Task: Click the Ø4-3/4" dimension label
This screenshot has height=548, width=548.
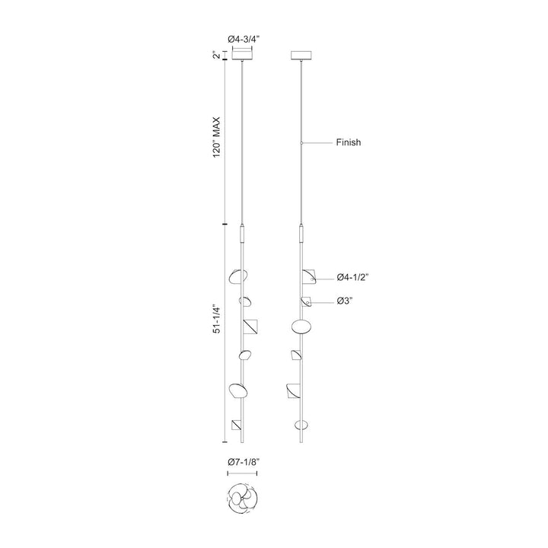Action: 244,40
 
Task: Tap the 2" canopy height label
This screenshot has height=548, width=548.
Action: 217,56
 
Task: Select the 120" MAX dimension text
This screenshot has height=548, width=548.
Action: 217,137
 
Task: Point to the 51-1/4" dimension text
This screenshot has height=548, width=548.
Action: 217,320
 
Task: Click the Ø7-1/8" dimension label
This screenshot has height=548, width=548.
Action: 244,462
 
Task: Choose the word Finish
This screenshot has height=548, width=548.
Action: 349,142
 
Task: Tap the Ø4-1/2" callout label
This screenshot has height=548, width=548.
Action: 353,278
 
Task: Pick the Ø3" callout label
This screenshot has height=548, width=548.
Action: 345,301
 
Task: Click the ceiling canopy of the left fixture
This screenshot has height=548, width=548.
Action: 243,56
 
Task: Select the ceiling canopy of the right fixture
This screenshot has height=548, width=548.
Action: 301,56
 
